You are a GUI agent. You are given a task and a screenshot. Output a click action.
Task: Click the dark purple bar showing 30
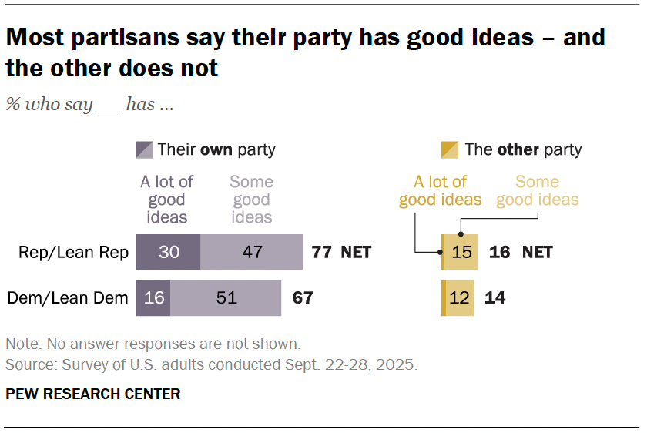click(168, 252)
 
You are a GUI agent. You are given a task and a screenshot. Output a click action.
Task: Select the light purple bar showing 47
click(251, 252)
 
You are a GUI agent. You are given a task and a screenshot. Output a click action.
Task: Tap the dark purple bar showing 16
click(153, 297)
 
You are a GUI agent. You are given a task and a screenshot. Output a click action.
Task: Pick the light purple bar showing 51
click(226, 297)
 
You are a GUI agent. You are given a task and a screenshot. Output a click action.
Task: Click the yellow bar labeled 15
click(461, 252)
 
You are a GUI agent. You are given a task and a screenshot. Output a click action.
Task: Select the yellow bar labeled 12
click(459, 297)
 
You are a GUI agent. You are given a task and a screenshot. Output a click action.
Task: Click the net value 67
click(303, 297)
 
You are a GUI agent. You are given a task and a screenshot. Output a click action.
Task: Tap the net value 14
click(494, 297)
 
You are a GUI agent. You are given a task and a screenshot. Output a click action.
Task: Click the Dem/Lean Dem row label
click(67, 297)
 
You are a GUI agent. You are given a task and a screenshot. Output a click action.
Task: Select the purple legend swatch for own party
click(144, 149)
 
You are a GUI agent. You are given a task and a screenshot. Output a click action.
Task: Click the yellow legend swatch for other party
click(449, 149)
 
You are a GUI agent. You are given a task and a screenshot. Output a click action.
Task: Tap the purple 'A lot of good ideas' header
click(166, 199)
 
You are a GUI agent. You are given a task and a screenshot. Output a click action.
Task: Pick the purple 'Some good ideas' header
click(251, 199)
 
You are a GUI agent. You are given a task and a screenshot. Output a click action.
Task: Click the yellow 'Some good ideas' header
click(537, 191)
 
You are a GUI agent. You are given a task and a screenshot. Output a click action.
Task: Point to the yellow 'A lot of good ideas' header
click(440, 191)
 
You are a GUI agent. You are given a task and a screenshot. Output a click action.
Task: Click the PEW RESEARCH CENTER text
click(92, 394)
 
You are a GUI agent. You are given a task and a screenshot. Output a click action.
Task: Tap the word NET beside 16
click(537, 252)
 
